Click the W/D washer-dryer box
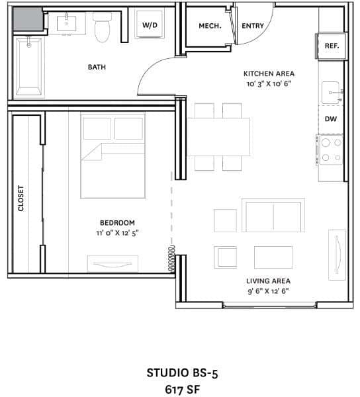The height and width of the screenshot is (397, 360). [149, 25]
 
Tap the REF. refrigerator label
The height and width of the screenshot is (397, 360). [331, 46]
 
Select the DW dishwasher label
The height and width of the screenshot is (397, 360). [331, 119]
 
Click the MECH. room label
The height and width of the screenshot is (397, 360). [210, 26]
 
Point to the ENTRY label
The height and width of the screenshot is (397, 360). [253, 26]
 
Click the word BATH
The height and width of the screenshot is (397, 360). [97, 67]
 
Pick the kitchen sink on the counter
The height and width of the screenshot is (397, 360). [330, 93]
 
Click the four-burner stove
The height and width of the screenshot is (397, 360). [330, 150]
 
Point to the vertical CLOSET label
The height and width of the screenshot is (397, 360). [21, 198]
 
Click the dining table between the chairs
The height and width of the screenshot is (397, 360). [218, 136]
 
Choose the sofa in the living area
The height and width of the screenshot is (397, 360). [273, 216]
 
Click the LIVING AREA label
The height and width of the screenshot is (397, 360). [268, 281]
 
